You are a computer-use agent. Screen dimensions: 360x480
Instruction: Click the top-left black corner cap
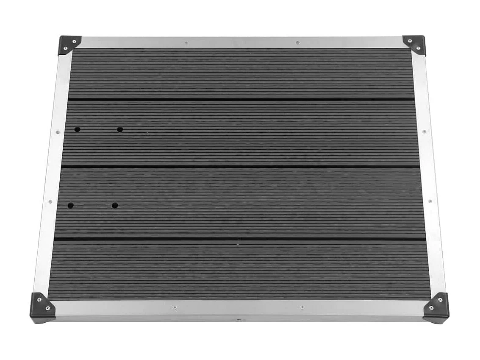[x=69, y=44]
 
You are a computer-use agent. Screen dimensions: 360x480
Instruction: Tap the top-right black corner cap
[x=414, y=44]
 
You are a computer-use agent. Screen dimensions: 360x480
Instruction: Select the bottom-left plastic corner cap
[x=43, y=307]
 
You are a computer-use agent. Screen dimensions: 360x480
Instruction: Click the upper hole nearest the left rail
[x=77, y=129]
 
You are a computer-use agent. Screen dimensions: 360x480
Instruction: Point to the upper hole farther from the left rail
[x=120, y=129]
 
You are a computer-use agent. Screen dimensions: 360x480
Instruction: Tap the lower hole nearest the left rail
[x=70, y=206]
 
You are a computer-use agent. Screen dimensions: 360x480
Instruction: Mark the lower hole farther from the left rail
[x=115, y=206]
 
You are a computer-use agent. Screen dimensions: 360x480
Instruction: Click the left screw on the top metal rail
[x=186, y=42]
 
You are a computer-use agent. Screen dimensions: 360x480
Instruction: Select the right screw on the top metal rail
[x=297, y=42]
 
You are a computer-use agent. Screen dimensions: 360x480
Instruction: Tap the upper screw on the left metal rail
[x=58, y=132]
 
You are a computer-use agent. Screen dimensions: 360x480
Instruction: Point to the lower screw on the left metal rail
[x=50, y=202]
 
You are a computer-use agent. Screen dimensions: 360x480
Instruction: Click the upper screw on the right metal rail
[x=425, y=132]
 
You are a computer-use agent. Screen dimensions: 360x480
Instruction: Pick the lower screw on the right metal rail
[x=430, y=201]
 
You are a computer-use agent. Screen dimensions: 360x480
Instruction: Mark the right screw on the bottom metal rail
[x=302, y=307]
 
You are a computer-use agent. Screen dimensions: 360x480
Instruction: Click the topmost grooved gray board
[x=241, y=74]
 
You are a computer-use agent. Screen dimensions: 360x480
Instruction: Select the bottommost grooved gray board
[x=240, y=270]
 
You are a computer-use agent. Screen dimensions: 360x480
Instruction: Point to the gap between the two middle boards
[x=240, y=166]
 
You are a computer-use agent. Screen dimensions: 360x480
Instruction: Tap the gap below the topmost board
[x=241, y=99]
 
